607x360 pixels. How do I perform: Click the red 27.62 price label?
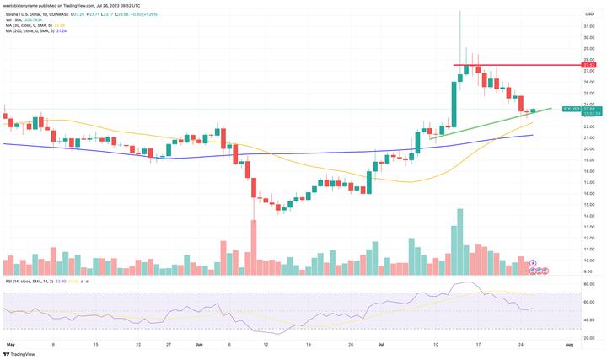point(589,65)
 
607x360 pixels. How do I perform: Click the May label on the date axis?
point(10,345)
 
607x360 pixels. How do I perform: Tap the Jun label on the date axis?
point(199,345)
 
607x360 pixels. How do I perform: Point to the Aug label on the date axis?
point(570,345)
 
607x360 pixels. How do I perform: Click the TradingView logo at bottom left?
point(20,354)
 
